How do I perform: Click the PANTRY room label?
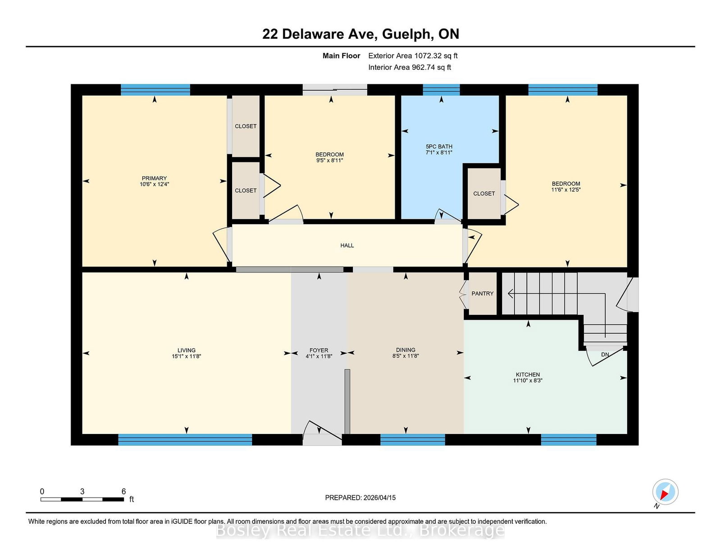482,294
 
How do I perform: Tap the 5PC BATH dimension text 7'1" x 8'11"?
439,153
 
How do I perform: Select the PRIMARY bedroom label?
154,178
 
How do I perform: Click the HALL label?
347,245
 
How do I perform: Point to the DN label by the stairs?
605,355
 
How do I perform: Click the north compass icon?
665,492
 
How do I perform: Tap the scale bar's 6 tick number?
123,491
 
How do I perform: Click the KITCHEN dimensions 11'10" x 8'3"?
528,381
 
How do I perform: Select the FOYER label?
319,350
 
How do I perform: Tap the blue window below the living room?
185,440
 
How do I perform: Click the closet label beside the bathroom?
484,194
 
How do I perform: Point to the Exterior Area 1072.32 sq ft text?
413,56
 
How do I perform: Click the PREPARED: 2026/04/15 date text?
360,498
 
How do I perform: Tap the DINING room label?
406,350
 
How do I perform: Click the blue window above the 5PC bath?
441,89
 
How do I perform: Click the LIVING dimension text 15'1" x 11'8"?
186,356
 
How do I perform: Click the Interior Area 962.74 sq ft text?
409,67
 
